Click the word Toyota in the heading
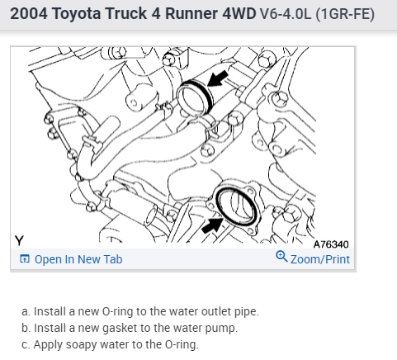(x=76, y=13)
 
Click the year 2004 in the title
(x=29, y=13)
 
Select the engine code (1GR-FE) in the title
(x=345, y=14)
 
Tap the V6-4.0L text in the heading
(x=286, y=13)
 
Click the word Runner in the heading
(x=191, y=13)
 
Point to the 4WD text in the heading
(x=239, y=13)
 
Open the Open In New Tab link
(x=78, y=259)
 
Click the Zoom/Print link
(x=320, y=259)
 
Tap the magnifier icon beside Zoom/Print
(x=281, y=257)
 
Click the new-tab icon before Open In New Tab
(x=25, y=259)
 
